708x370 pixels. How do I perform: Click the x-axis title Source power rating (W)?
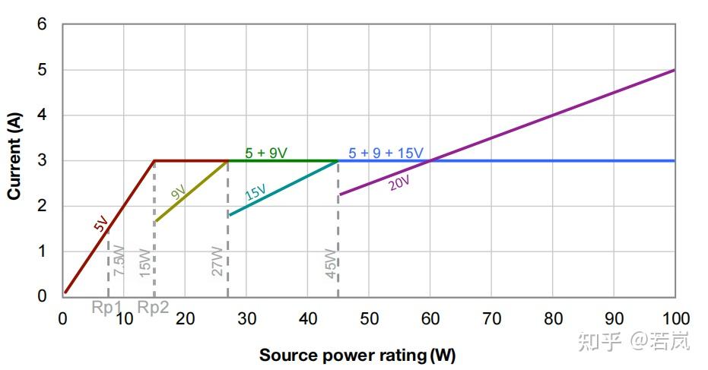point(357,355)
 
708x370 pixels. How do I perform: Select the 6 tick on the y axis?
point(43,24)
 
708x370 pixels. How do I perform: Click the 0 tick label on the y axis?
point(43,296)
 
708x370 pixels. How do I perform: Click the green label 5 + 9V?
point(266,153)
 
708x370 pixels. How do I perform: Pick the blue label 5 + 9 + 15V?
point(386,153)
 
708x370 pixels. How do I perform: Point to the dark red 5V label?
point(101,223)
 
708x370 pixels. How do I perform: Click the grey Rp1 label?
point(107,308)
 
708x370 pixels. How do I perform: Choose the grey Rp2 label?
point(153,308)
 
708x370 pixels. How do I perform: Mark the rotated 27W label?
point(217,260)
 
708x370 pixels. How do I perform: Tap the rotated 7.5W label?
point(119,260)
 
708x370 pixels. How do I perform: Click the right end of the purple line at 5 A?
point(674,70)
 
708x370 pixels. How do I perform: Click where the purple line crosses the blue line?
point(430,160)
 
